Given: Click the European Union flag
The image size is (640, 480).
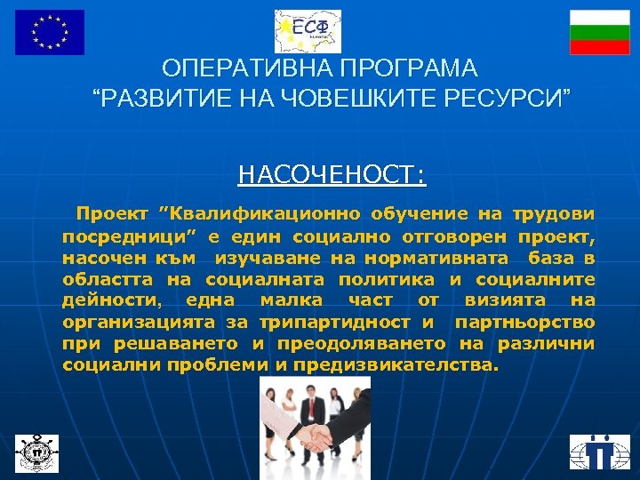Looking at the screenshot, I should tap(50, 32).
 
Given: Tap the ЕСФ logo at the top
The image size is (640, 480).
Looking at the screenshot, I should tap(308, 31).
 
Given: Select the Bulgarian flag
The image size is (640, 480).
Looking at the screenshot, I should tap(600, 32).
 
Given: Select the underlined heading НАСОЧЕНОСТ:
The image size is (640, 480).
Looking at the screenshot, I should tap(332, 174).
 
